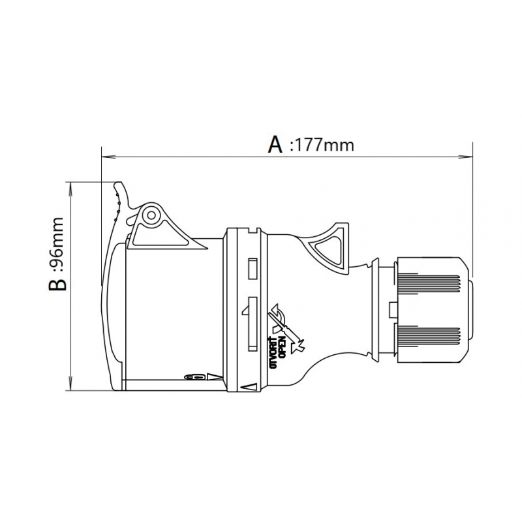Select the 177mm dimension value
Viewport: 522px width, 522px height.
324,145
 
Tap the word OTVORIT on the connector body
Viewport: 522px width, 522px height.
273,353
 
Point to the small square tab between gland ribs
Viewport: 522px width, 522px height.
392,309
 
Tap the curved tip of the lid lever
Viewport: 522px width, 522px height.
117,189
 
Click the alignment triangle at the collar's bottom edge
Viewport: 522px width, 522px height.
247,387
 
